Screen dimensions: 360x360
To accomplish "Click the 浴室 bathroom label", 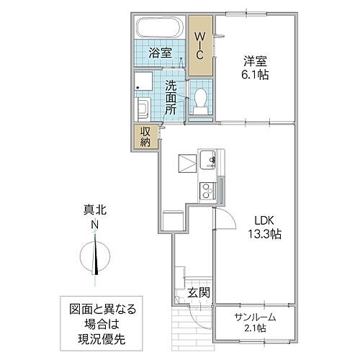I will click(159, 53).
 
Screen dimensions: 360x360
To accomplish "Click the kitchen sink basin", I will click(209, 158).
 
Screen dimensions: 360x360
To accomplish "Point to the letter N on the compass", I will click(94, 225).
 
